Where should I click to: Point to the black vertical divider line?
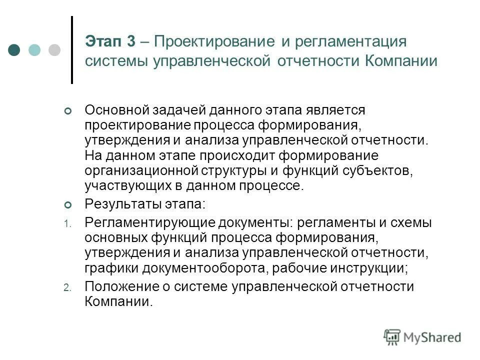pos(72,49)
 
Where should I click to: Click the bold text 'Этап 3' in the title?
pos(110,41)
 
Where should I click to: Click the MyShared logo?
pos(422,337)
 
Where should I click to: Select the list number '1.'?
pos(68,224)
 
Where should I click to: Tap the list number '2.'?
pos(68,288)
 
